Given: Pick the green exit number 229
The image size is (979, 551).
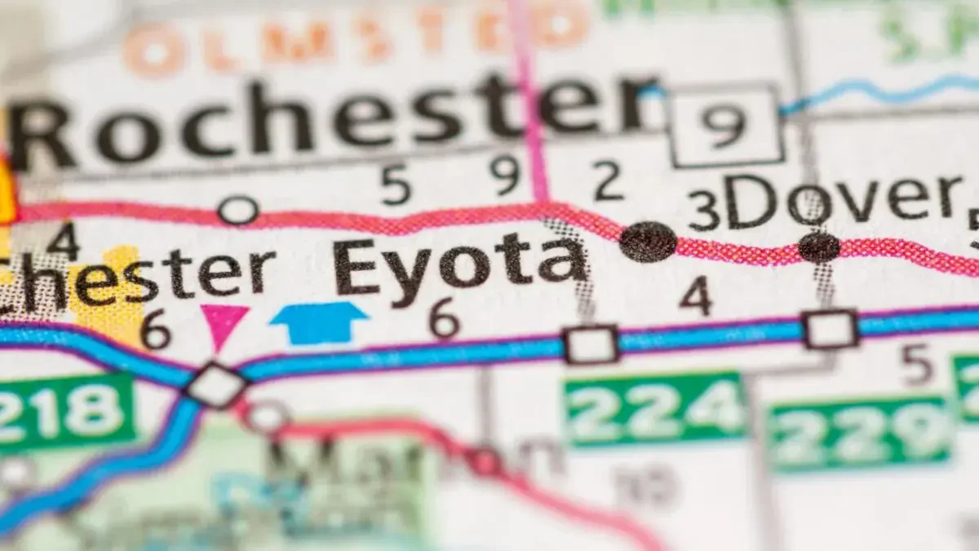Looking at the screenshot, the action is pyautogui.click(x=861, y=433).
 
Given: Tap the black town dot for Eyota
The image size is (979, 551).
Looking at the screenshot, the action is pyautogui.click(x=648, y=242).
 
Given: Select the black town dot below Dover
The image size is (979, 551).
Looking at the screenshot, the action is pyautogui.click(x=818, y=247).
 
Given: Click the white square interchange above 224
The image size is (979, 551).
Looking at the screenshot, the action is pyautogui.click(x=591, y=344).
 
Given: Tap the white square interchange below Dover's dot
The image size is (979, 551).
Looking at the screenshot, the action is pyautogui.click(x=831, y=329).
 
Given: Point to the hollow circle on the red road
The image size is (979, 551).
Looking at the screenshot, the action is pyautogui.click(x=238, y=211).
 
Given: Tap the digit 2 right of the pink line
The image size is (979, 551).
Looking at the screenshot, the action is pyautogui.click(x=608, y=180).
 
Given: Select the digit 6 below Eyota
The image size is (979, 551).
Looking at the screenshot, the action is pyautogui.click(x=445, y=318).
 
